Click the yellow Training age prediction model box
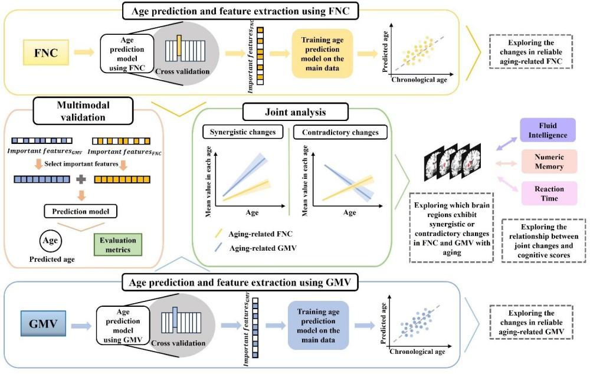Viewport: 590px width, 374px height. (x=323, y=53)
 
